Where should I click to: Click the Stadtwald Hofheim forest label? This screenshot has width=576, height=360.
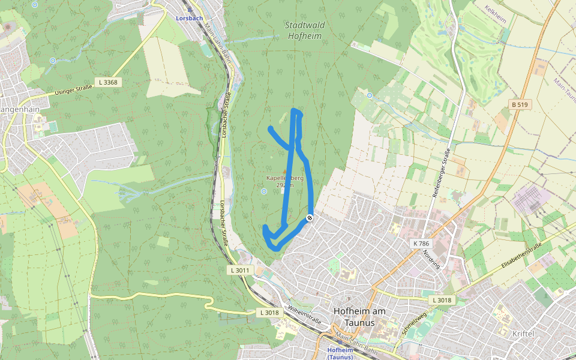pos(303,31)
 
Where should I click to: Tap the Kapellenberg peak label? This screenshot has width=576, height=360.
pos(285,181)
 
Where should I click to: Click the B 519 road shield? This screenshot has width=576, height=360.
pos(520,104)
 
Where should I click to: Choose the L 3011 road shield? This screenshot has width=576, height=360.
pos(239,270)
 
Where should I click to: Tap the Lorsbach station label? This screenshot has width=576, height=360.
pos(189,18)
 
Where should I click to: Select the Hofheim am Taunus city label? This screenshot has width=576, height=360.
pos(361,317)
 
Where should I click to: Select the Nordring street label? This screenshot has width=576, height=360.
pos(431,258)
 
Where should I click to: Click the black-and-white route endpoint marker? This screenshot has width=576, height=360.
pos(310,218)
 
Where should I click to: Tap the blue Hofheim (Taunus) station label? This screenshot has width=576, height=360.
pos(340,353)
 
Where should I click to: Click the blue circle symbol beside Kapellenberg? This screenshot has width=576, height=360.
pos(263,191)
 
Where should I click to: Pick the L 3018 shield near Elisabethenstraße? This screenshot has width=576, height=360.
pos(442,299)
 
